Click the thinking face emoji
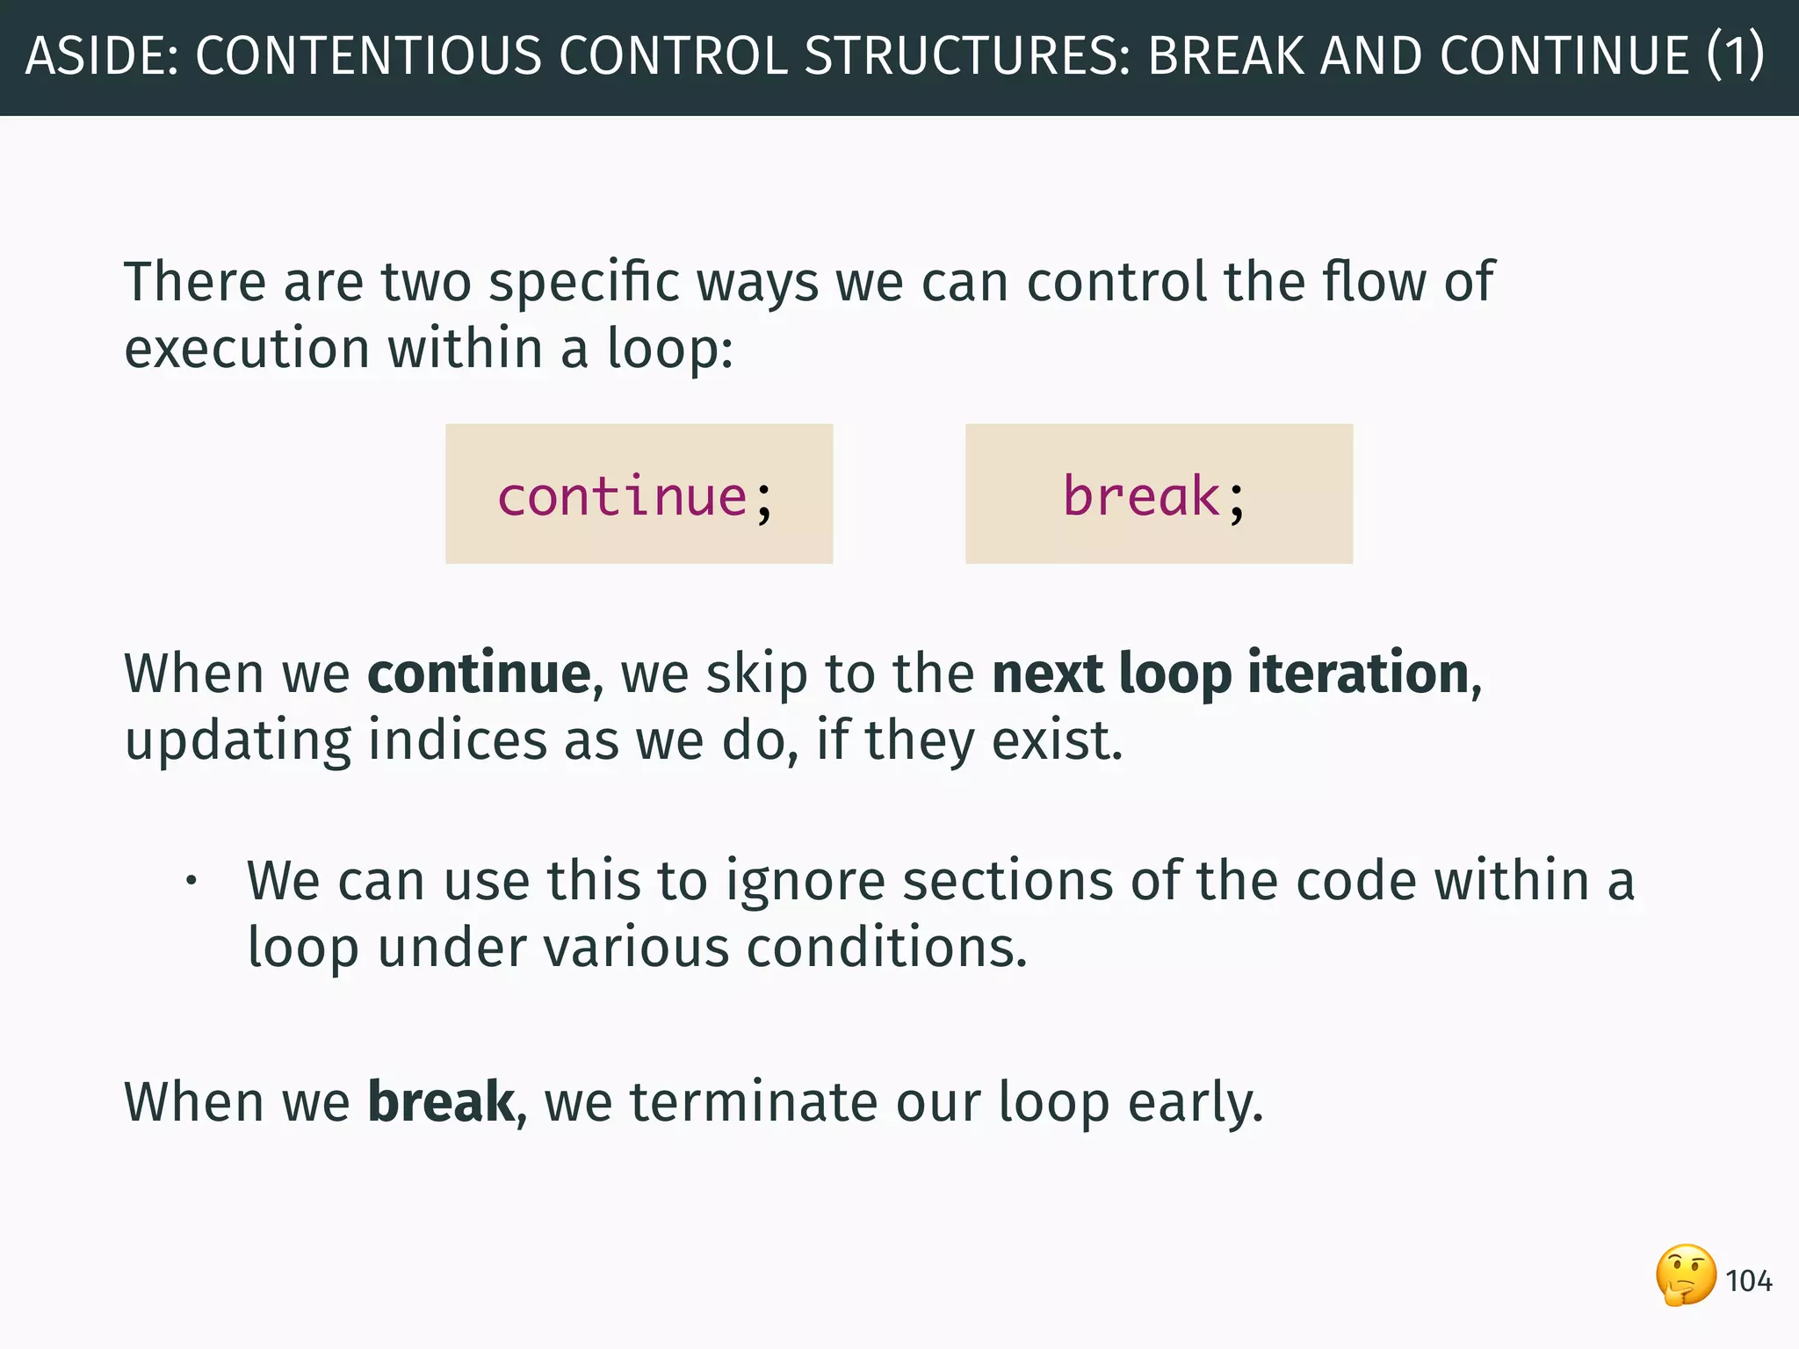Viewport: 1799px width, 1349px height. coord(1686,1275)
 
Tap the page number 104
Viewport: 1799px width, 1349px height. coord(1748,1281)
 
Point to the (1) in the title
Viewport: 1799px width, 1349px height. coord(1735,56)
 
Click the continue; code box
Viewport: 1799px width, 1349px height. coord(639,494)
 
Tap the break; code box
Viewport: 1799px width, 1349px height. coord(1159,494)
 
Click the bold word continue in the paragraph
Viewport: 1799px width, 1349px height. coord(479,674)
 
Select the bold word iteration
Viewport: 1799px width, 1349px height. coord(1358,674)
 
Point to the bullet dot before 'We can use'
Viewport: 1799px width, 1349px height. coord(191,881)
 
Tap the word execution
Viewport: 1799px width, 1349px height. coord(247,350)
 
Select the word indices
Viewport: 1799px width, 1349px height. coord(457,740)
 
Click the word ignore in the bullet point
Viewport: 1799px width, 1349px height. coord(805,881)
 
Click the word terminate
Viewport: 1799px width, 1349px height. coord(753,1102)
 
